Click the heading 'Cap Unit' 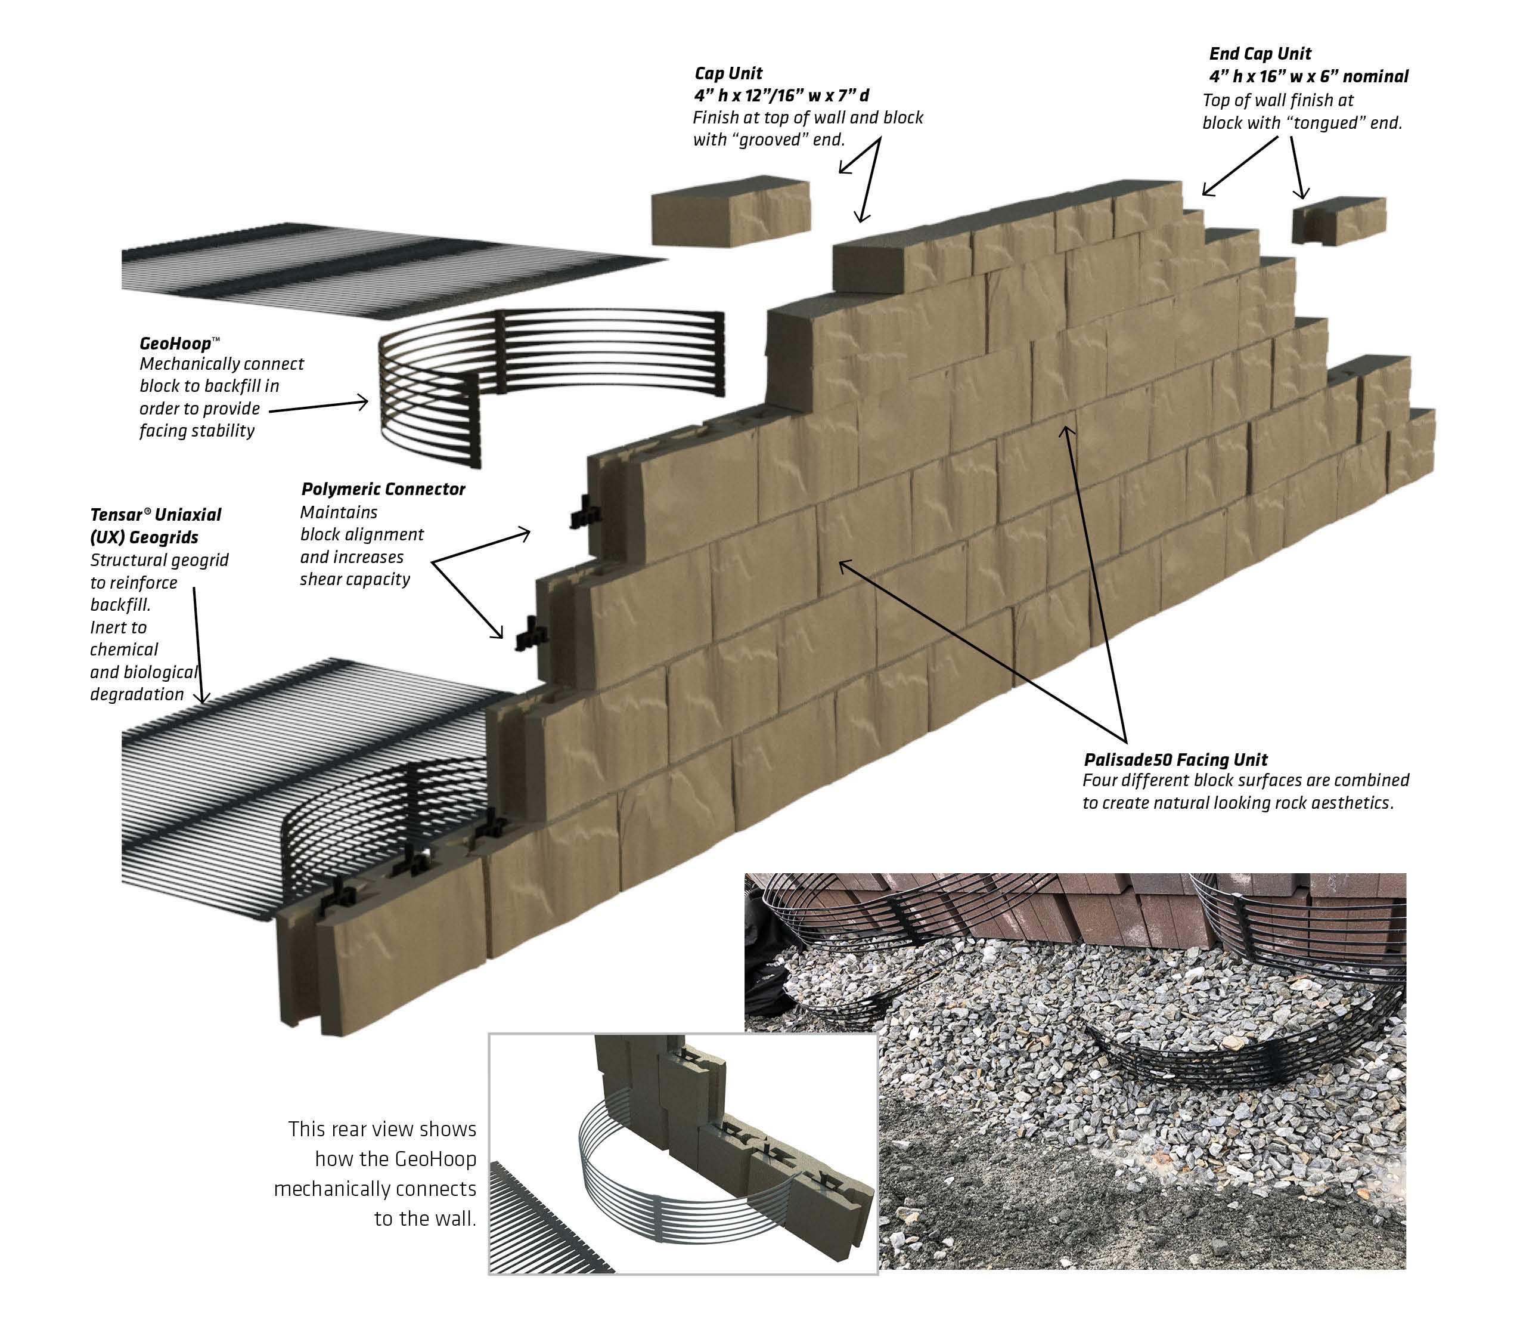coord(728,73)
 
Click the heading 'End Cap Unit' coord(1260,54)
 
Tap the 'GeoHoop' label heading coord(175,344)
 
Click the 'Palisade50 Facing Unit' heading coord(1175,759)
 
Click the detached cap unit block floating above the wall coord(730,211)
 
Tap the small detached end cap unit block coord(1339,220)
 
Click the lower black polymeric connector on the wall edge coord(531,634)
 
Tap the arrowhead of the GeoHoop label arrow coord(364,403)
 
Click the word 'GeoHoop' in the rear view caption coord(435,1159)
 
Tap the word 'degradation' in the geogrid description coord(137,695)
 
